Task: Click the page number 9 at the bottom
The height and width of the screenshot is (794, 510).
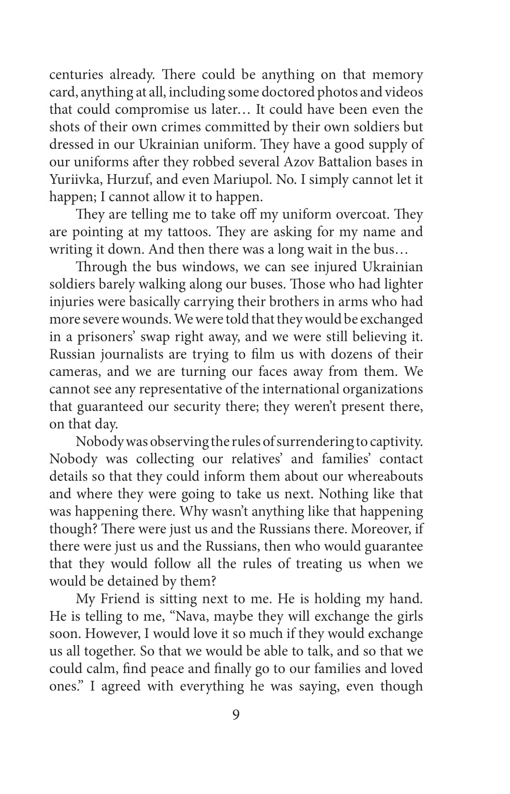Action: click(x=236, y=715)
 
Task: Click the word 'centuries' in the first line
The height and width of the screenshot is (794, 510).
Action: click(x=76, y=75)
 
